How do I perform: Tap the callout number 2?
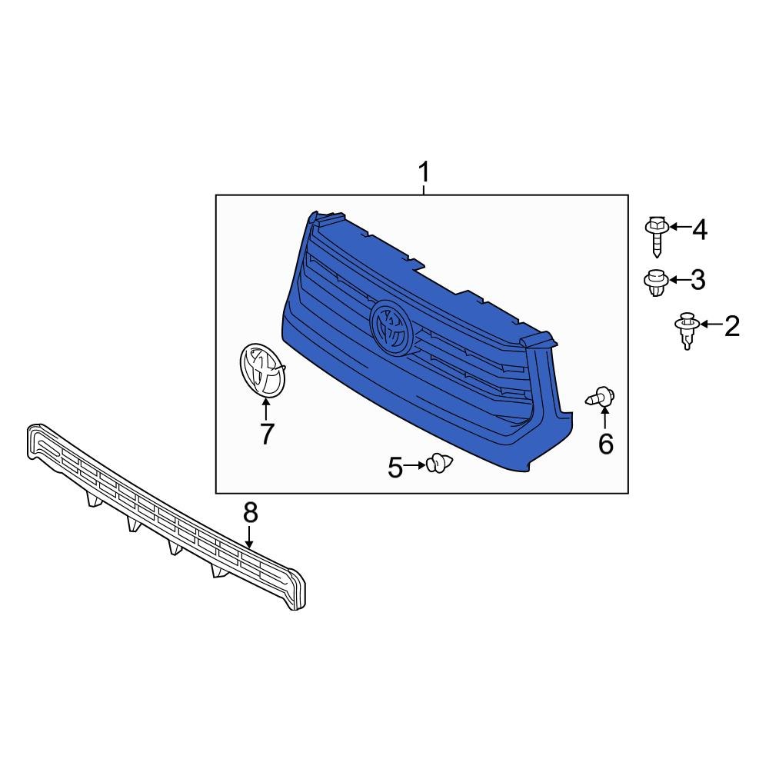pyautogui.click(x=732, y=326)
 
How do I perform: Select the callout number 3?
pyautogui.click(x=698, y=280)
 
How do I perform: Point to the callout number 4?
pyautogui.click(x=700, y=229)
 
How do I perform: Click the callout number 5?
pyautogui.click(x=394, y=468)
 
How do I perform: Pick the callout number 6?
pyautogui.click(x=606, y=444)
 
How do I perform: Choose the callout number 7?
pyautogui.click(x=267, y=434)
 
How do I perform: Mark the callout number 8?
pyautogui.click(x=250, y=513)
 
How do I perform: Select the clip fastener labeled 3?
pyautogui.click(x=656, y=282)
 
